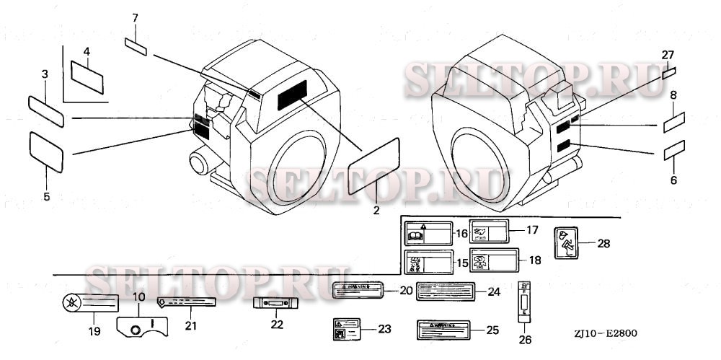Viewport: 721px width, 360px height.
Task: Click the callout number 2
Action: pos(376,211)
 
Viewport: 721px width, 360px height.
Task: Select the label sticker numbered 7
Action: pos(136,47)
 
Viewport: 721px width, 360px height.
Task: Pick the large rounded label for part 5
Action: pos(46,151)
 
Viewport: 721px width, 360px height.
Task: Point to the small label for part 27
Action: pos(669,72)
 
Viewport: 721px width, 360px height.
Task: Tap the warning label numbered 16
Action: pos(427,234)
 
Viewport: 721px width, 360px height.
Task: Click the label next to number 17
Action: pos(490,231)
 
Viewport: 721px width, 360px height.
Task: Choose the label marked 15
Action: pos(428,263)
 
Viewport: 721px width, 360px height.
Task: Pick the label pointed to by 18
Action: pos(494,260)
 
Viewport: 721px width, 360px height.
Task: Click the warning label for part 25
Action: pos(445,330)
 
